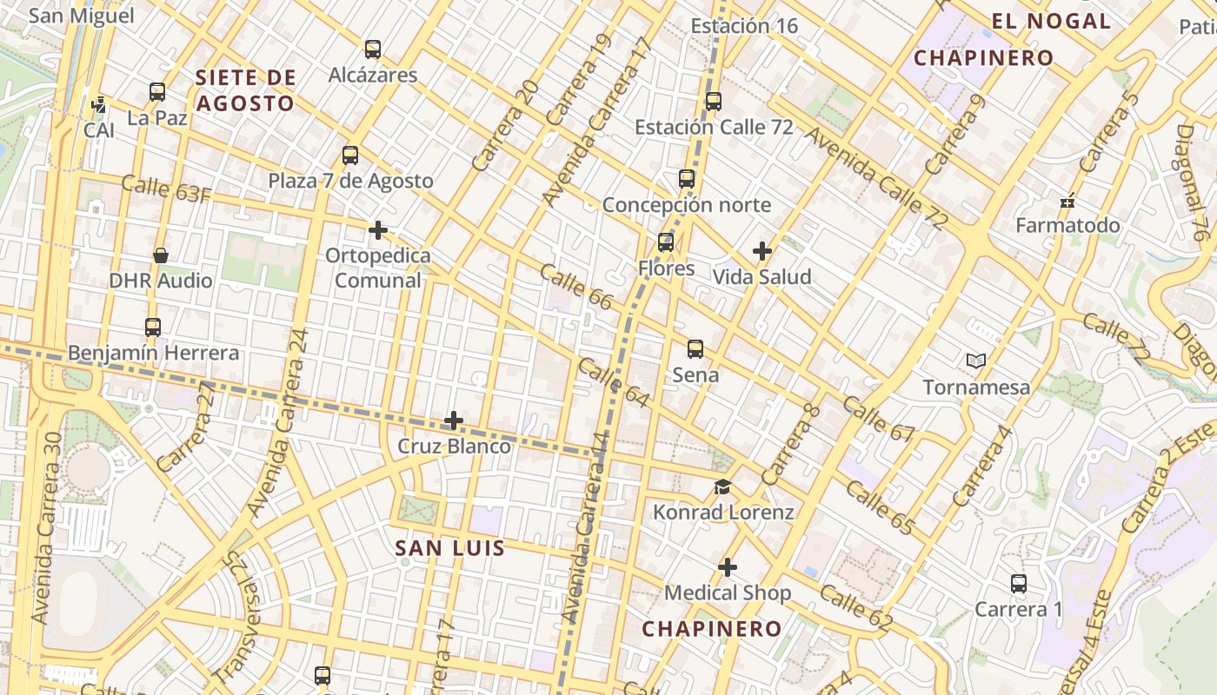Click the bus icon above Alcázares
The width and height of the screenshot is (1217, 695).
[x=373, y=50]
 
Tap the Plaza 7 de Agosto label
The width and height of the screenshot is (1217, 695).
[x=350, y=181]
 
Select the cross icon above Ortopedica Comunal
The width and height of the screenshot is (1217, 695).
[x=377, y=230]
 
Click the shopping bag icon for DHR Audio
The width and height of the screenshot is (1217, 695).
[x=161, y=255]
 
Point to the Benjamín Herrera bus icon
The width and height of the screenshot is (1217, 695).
[x=153, y=328]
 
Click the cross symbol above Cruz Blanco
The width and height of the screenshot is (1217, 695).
[x=453, y=421]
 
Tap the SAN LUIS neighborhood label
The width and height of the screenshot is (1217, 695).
[x=449, y=548]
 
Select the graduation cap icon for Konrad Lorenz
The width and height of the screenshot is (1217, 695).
[x=722, y=486]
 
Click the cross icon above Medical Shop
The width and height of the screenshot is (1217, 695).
[x=728, y=567]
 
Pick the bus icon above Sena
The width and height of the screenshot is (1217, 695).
[x=695, y=349]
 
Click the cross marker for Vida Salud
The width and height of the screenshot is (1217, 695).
[x=762, y=252]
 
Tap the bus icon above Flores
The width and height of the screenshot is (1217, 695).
[x=666, y=242]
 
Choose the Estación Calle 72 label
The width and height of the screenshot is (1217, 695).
[x=714, y=127]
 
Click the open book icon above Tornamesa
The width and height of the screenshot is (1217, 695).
[x=976, y=361]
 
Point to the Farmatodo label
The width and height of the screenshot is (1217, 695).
[x=1067, y=226]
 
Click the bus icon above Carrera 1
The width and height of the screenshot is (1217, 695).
[x=1019, y=584]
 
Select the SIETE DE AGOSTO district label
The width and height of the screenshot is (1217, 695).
[x=246, y=90]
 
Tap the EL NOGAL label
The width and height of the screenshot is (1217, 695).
[x=1051, y=22]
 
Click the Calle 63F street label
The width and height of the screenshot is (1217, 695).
[x=166, y=189]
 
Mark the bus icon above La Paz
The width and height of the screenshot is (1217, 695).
[x=157, y=92]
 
